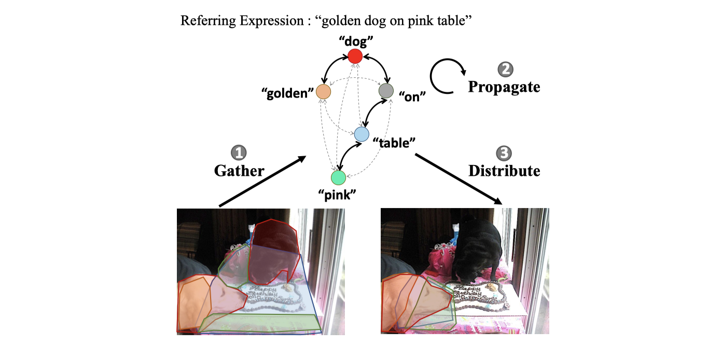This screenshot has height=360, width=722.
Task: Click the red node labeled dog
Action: tap(355, 56)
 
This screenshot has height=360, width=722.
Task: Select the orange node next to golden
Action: tap(323, 92)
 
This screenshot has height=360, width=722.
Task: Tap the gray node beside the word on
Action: tap(385, 91)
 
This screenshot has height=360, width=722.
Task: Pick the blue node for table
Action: tap(362, 134)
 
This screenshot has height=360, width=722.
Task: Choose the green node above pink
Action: tap(338, 178)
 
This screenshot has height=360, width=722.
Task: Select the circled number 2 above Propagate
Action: tap(504, 69)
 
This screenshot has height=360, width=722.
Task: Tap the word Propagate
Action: tap(504, 87)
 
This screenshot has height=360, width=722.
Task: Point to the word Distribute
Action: tap(504, 170)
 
